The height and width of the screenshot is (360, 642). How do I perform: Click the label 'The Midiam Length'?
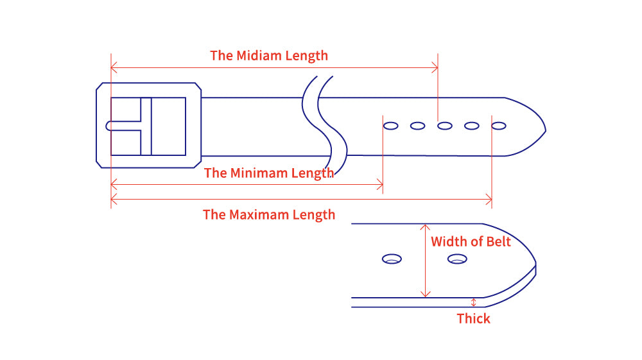[x=269, y=56]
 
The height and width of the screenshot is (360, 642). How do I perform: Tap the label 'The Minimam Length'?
[x=269, y=173]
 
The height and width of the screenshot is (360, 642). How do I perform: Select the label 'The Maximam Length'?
[x=269, y=215]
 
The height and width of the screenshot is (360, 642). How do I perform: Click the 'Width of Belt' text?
[x=471, y=242]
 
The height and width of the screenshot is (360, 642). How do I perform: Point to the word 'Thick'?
[x=473, y=319]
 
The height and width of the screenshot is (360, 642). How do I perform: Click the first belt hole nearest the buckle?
[x=390, y=126]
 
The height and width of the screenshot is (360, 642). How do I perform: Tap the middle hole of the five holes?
[x=444, y=126]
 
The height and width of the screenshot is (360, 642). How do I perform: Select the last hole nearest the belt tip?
[x=499, y=126]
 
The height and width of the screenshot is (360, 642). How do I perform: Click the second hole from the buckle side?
[x=417, y=126]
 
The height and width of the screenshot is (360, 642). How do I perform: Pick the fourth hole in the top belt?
[x=472, y=126]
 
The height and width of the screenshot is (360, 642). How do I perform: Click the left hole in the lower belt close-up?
[x=392, y=259]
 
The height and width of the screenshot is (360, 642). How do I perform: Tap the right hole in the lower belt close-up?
[x=457, y=259]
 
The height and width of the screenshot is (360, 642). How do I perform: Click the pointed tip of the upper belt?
[x=544, y=131]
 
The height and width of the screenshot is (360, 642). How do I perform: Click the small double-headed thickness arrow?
[x=474, y=302]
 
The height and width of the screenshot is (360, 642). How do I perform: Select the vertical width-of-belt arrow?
[x=424, y=261]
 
